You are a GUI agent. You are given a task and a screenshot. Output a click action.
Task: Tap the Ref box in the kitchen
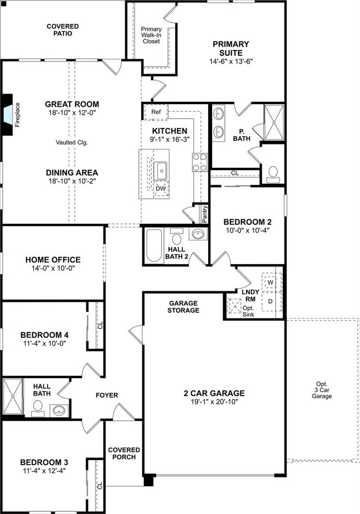click(x=156, y=111)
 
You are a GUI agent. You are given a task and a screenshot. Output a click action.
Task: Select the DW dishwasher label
click(x=161, y=188)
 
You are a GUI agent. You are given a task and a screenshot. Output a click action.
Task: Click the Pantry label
click(x=204, y=214)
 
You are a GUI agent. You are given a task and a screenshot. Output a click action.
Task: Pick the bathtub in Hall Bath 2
click(x=153, y=245)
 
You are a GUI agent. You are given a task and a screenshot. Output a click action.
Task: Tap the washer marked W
click(x=271, y=281)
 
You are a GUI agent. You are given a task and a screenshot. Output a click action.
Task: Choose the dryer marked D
click(x=271, y=301)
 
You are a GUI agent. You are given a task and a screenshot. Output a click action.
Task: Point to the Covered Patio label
click(x=63, y=30)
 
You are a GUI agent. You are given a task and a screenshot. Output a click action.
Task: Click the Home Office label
click(x=53, y=260)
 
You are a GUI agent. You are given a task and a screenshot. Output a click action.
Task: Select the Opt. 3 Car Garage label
click(x=321, y=390)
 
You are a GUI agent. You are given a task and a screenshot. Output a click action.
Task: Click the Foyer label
click(x=107, y=395)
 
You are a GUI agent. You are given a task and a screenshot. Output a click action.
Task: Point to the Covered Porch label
click(x=124, y=454)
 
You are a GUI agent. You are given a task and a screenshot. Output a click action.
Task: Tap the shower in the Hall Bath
click(x=12, y=397)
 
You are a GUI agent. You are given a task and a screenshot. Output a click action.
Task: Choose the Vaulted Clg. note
click(x=72, y=142)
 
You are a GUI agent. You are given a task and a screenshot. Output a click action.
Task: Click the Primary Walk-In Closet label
click(x=151, y=35)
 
